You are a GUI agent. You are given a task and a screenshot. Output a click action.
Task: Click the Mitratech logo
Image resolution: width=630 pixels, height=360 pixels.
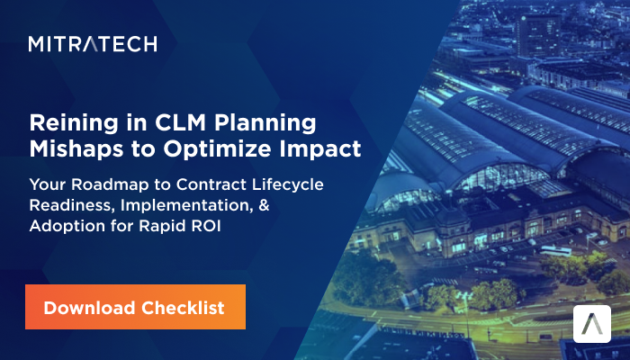[x=93, y=43]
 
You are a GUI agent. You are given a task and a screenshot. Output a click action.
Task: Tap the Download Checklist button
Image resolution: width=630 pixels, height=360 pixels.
[x=134, y=308]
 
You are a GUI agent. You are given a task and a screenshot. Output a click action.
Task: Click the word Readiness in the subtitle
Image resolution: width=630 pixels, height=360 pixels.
[x=69, y=206]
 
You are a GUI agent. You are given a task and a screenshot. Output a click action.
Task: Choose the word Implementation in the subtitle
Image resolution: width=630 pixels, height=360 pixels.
[x=193, y=206]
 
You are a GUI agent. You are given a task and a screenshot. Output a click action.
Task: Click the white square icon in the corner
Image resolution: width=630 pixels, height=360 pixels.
[x=592, y=324]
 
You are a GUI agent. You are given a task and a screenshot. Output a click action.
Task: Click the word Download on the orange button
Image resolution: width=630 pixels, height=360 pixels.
[x=88, y=308]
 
